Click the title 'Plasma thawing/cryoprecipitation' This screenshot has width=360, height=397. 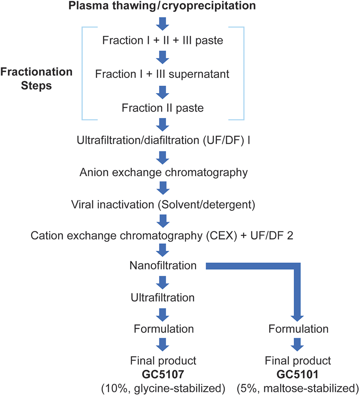pos(163,6)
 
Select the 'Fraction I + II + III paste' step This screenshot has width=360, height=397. pos(163,40)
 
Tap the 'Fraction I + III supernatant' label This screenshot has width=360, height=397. pos(163,74)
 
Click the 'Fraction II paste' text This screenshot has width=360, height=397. pos(163,108)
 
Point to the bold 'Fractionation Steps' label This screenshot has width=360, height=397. pos(36,79)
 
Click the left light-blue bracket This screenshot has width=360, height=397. pos(83,74)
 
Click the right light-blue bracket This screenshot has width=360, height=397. pos(243,74)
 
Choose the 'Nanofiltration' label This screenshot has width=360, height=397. pos(163,266)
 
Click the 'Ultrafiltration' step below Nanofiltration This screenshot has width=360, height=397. pos(163,298)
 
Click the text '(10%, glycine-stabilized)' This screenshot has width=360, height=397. pos(163,388)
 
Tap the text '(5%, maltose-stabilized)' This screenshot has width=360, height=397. pos(298,388)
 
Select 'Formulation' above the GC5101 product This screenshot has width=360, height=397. pos(299,329)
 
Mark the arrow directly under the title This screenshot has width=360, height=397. pos(163,23)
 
